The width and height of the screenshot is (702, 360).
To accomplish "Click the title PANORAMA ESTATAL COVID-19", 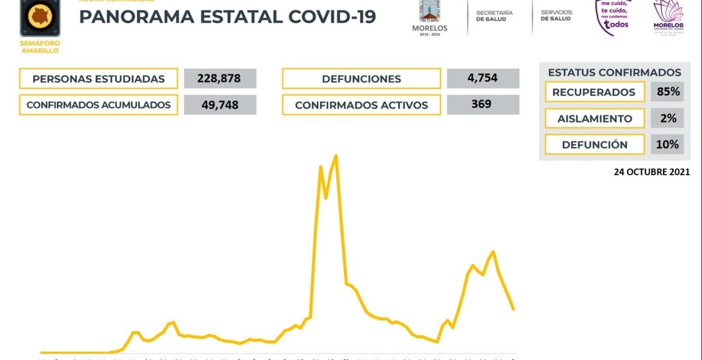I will pyautogui.click(x=227, y=17).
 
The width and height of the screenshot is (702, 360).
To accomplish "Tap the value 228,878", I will pyautogui.click(x=220, y=79).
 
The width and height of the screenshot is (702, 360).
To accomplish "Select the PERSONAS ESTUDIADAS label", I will pyautogui.click(x=98, y=79).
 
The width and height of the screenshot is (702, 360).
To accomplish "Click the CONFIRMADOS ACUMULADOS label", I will pyautogui.click(x=98, y=105).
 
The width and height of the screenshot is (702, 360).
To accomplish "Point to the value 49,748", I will pyautogui.click(x=220, y=105).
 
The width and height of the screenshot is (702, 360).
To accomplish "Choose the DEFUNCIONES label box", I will pyautogui.click(x=361, y=79).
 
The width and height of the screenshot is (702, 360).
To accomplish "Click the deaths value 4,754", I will pyautogui.click(x=482, y=78).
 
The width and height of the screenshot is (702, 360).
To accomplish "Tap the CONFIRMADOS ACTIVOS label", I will pyautogui.click(x=361, y=105).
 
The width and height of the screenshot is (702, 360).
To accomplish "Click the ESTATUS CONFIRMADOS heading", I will pyautogui.click(x=614, y=73).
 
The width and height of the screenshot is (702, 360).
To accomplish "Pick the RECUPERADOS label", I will pyautogui.click(x=593, y=92).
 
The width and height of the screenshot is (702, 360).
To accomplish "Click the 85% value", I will pyautogui.click(x=667, y=92).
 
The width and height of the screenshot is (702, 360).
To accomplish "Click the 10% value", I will pyautogui.click(x=667, y=144).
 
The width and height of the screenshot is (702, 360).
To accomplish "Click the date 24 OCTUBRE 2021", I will pyautogui.click(x=652, y=172).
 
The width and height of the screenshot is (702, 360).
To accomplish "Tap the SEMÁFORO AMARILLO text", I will pyautogui.click(x=40, y=47).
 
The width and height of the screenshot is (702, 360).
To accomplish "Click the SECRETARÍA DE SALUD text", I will pyautogui.click(x=494, y=16).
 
